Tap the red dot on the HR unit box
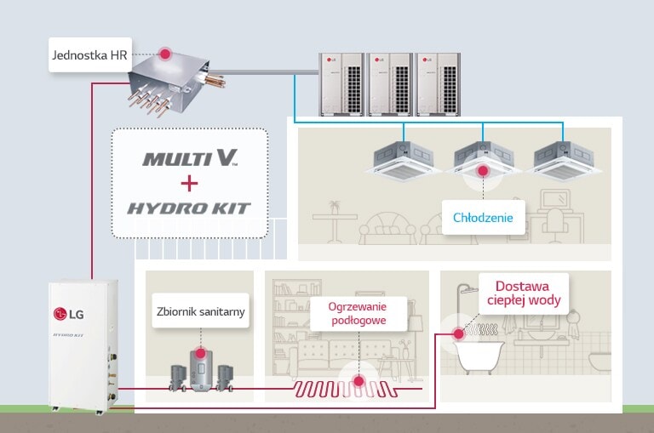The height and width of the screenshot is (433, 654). pos(164,54)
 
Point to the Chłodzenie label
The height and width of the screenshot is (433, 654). pos(483,218)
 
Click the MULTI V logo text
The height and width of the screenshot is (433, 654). pos(190,158)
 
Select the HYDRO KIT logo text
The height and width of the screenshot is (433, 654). pos(190,208)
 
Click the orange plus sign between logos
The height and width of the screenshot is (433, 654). pos(190,183)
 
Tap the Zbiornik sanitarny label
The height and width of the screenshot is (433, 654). pos(201,311)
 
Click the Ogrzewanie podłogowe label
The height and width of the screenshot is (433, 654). pos(359,313)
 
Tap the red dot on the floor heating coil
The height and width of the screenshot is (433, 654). pos(359,381)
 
